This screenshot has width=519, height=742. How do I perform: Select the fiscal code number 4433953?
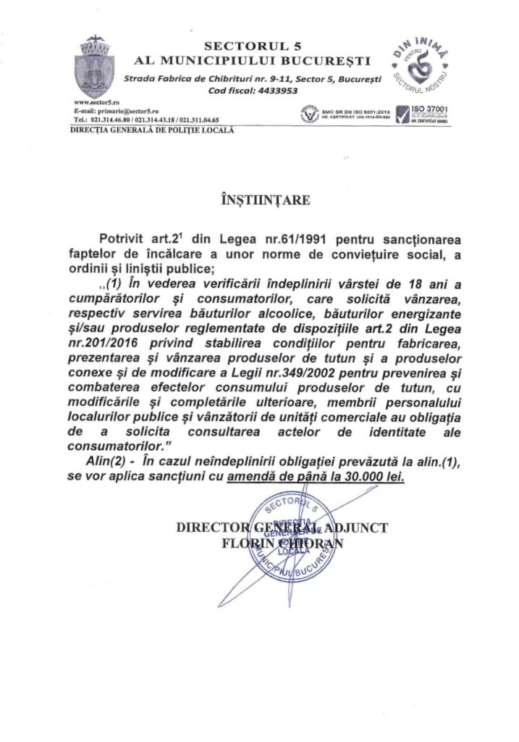(x=274, y=91)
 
